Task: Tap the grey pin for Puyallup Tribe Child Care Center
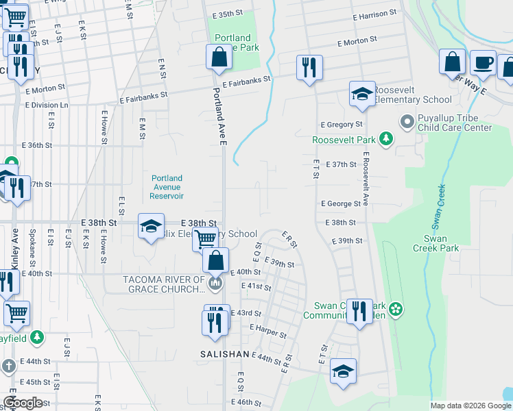pyautogui.click(x=407, y=122)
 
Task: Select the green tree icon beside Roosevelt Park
pyautogui.click(x=387, y=140)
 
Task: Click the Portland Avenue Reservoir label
pyautogui.click(x=167, y=187)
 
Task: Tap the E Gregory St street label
pyautogui.click(x=342, y=125)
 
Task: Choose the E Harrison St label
pyautogui.click(x=373, y=14)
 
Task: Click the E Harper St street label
pyautogui.click(x=268, y=332)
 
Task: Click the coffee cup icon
pyautogui.click(x=483, y=62)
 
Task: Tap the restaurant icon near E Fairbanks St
pyautogui.click(x=309, y=67)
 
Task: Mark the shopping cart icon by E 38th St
pyautogui.click(x=205, y=240)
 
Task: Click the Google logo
pyautogui.click(x=23, y=403)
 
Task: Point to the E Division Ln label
pyautogui.click(x=47, y=105)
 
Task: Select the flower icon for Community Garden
pyautogui.click(x=395, y=310)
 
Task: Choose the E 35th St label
pyautogui.click(x=228, y=14)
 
